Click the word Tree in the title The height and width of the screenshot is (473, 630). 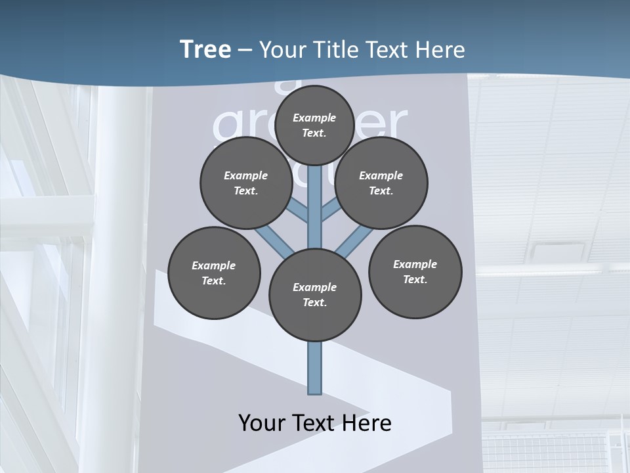coord(205,49)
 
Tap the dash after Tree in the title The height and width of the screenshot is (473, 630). coord(245,51)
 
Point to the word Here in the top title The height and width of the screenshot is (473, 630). coord(441,50)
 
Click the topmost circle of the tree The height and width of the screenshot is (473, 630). coord(314,125)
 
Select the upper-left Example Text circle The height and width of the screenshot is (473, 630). coord(245,183)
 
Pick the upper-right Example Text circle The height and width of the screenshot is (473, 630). coord(381,183)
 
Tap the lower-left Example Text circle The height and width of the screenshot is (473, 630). coord(213,273)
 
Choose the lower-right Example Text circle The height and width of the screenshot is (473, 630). coord(415,271)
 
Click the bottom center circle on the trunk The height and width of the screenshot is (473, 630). coord(314,294)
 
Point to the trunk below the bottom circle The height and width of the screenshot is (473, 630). coord(314,368)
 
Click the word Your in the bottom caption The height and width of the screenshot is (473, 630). coord(261,422)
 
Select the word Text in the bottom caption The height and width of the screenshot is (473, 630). coord(315,422)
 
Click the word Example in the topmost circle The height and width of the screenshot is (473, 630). coord(314,118)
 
